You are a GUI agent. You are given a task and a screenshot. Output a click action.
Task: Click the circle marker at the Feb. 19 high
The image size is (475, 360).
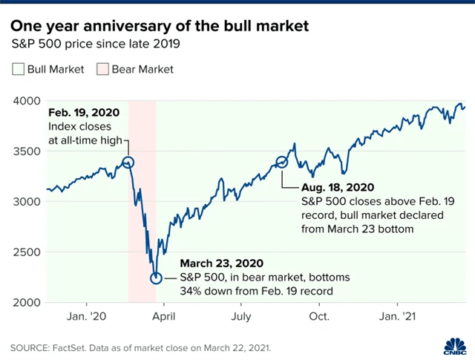[128, 163]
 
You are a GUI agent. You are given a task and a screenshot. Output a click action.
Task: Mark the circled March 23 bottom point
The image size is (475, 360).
[156, 278]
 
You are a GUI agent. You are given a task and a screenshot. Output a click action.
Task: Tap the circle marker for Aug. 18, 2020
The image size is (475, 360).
[281, 162]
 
